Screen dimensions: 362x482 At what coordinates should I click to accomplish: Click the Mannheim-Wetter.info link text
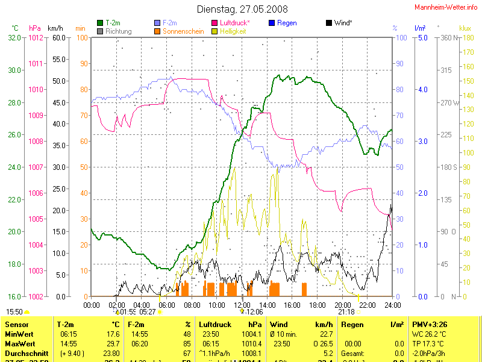(x=446, y=7)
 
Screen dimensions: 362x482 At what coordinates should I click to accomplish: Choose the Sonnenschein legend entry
(x=183, y=31)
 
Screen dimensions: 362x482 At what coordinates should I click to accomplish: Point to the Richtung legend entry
(x=118, y=31)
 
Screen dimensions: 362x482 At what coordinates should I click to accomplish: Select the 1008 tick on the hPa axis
(x=36, y=141)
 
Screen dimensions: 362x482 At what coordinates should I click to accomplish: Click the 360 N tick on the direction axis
(x=449, y=37)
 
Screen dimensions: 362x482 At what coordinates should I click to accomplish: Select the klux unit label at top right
(x=465, y=28)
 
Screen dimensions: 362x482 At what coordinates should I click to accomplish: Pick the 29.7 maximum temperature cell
(x=113, y=344)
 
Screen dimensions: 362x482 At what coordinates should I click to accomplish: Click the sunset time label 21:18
(x=346, y=312)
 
